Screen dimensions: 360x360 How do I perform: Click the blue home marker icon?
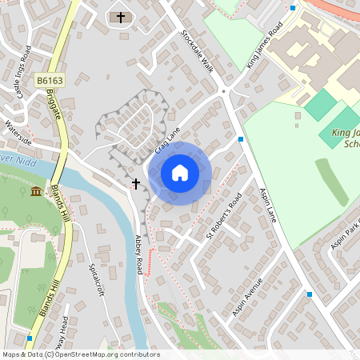[180, 173]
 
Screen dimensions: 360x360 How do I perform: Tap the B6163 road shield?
[49, 81]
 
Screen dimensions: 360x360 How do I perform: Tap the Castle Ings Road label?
[22, 71]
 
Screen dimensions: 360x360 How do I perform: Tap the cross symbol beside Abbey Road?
[136, 184]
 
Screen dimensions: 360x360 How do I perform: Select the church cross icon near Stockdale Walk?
[121, 17]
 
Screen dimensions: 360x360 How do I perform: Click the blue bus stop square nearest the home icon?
[241, 138]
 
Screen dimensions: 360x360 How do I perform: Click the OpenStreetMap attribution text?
[81, 354]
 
